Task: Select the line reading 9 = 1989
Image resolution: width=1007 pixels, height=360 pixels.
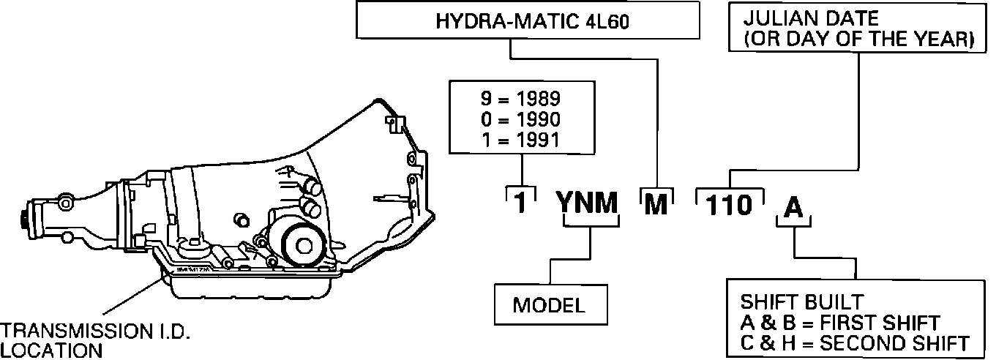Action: point(523,99)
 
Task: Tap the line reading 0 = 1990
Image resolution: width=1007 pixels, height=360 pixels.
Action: point(523,119)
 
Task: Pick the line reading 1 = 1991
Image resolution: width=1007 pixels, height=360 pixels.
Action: point(523,138)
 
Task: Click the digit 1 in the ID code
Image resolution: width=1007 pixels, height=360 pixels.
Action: point(519,205)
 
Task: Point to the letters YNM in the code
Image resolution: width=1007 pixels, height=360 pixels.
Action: point(589,205)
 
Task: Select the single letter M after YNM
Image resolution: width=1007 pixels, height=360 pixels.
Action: point(656,205)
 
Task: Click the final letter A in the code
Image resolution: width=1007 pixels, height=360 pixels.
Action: point(793,207)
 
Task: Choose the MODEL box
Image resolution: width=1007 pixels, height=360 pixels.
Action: point(549,305)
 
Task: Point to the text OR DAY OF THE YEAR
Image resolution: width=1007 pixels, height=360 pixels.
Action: point(860,40)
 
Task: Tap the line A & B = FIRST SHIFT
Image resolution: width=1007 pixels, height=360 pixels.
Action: point(839,322)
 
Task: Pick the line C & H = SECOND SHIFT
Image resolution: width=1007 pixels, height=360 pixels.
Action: point(854,342)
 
